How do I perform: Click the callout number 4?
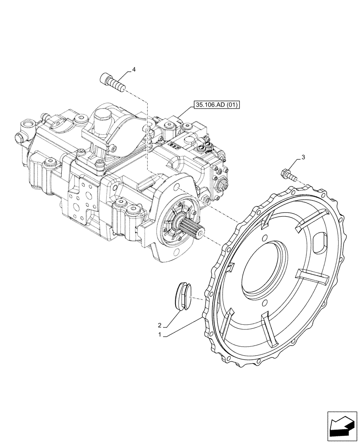tap(133, 70)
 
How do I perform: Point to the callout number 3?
tap(303, 157)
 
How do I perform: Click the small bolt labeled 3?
tap(287, 174)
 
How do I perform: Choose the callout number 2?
tap(164, 325)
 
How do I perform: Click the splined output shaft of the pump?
tap(194, 230)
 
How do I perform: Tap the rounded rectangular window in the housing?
tap(319, 242)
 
